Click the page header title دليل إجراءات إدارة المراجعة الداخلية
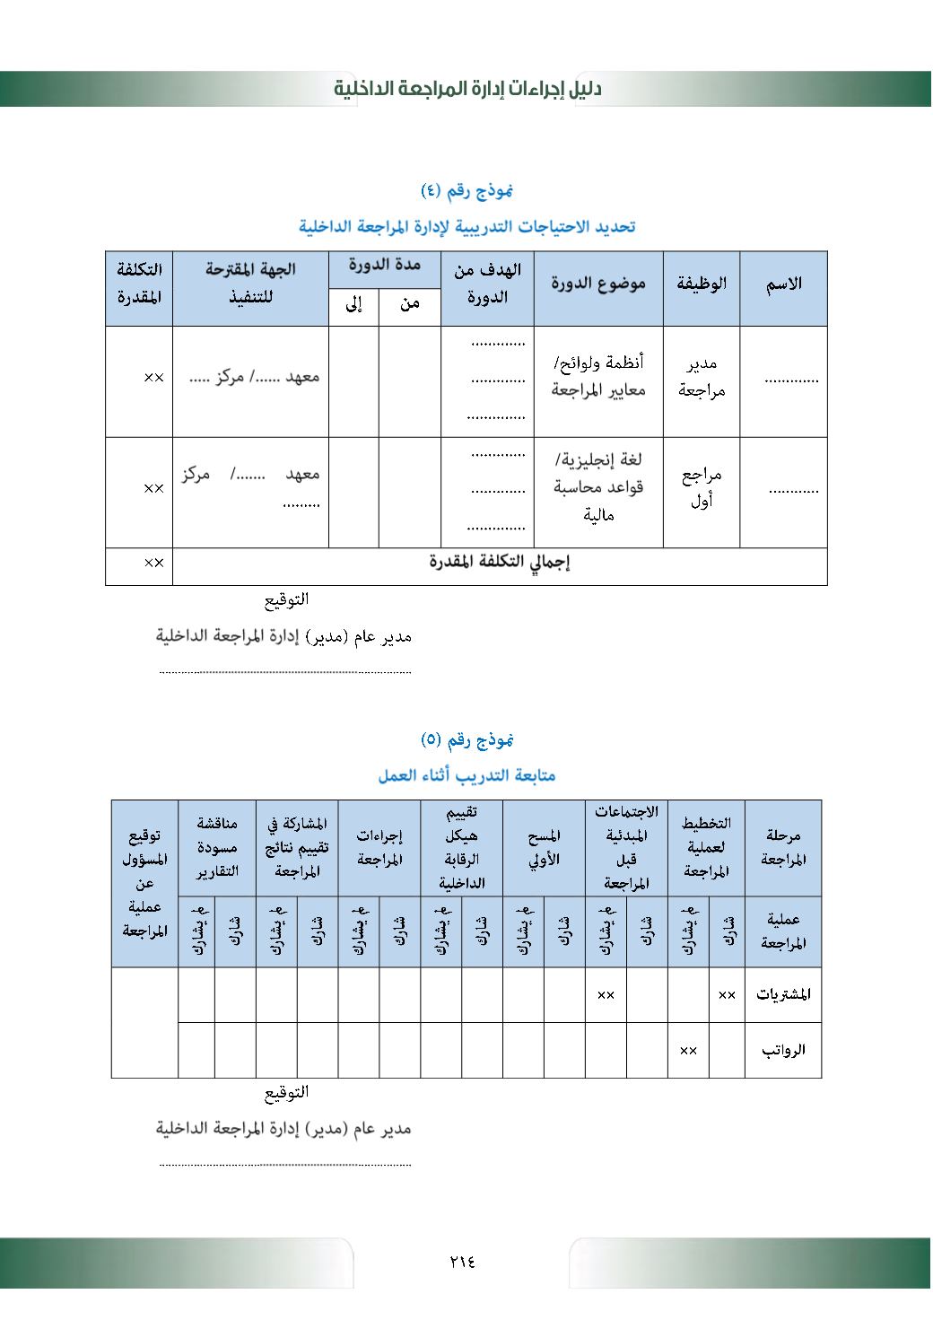[467, 89]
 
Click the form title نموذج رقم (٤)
[466, 190]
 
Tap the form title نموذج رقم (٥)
[466, 739]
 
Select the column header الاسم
[783, 284]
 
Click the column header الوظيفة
[702, 284]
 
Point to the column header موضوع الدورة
[598, 284]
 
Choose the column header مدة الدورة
[385, 266]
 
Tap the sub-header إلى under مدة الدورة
[353, 305]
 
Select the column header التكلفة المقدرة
[139, 283]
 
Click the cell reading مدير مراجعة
[702, 377]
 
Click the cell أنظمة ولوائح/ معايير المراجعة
[598, 377]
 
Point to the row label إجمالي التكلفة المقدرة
[500, 563]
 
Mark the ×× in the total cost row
[154, 563]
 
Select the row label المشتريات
[783, 994]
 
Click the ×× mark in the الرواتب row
[688, 1050]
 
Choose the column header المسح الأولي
[544, 847]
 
